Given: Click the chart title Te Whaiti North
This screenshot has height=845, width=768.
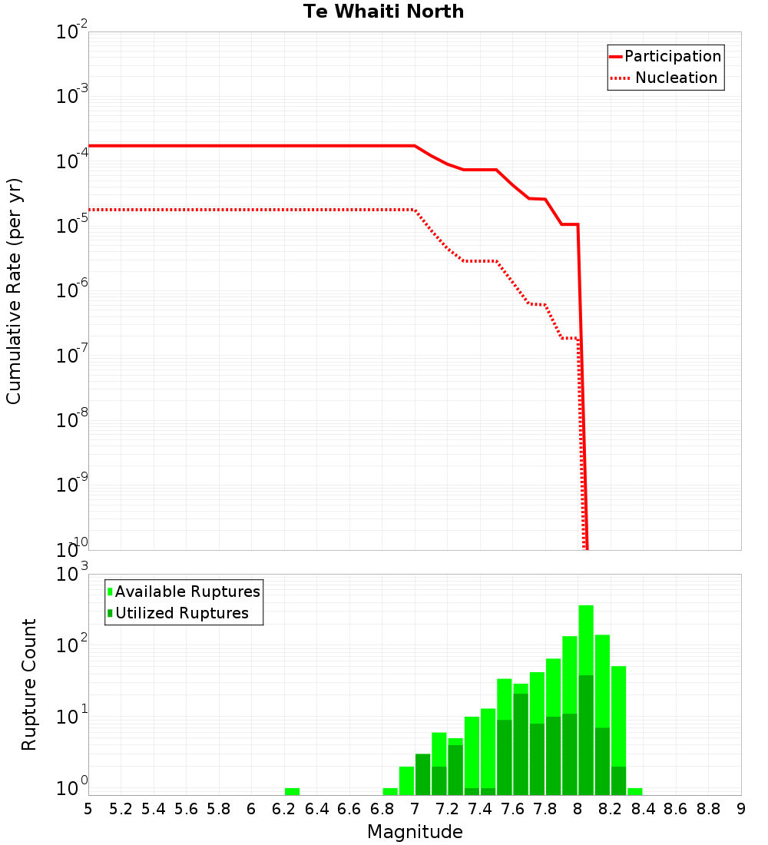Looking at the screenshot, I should (x=383, y=12).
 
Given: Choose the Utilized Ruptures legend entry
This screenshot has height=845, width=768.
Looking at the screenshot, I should (x=181, y=614).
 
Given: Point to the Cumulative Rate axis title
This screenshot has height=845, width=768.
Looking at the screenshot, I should (x=14, y=290).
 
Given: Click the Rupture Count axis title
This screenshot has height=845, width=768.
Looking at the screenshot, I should (x=29, y=684).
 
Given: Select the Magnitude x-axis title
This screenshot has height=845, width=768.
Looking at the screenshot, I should (x=415, y=832).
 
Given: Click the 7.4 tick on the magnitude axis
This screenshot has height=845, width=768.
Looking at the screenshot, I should (x=480, y=809).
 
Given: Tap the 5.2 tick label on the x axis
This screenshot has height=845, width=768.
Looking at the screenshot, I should (x=121, y=809).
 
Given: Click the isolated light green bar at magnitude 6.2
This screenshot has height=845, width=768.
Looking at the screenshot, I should (x=292, y=791).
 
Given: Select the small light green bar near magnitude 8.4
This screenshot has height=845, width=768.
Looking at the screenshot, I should (x=635, y=791).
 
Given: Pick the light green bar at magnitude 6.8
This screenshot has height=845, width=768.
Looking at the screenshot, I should (x=390, y=791).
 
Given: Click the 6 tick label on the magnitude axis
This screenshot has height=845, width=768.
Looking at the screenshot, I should (x=251, y=809).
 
